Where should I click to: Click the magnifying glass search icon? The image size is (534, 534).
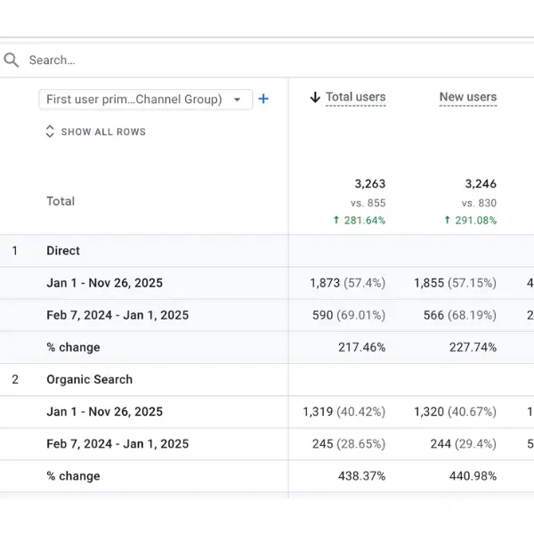[x=12, y=61]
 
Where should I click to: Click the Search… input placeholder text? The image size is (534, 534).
[x=52, y=61]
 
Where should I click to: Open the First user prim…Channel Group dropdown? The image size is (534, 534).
[x=145, y=100]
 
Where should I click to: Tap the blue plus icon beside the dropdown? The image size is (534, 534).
[x=263, y=99]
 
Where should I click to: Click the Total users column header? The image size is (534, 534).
[x=355, y=97]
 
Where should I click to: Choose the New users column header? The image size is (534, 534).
[x=467, y=97]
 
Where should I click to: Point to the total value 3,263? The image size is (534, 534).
[x=369, y=184]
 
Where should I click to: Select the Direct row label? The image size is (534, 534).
[x=63, y=251]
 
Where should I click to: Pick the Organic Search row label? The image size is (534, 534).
[x=89, y=379]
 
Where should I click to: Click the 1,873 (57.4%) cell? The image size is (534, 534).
[x=347, y=283]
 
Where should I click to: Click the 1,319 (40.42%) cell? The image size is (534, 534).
[x=344, y=411]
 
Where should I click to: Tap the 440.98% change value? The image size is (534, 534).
[x=473, y=475]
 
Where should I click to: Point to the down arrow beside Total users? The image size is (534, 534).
[x=314, y=98]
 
